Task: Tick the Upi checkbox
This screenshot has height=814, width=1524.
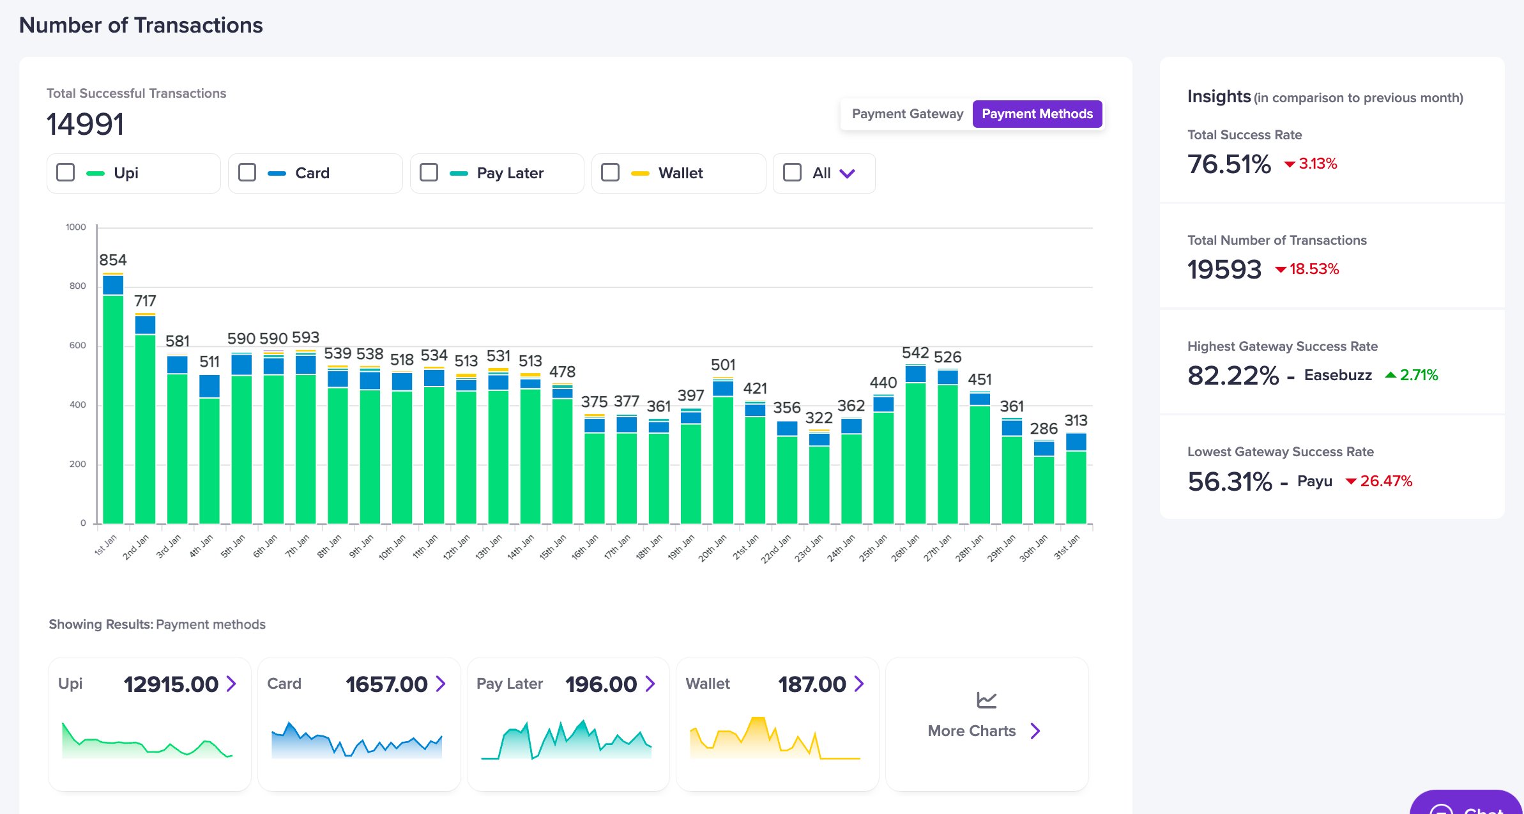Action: [x=66, y=173]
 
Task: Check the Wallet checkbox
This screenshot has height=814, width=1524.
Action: [x=611, y=173]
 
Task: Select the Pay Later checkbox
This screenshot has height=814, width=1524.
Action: [x=429, y=173]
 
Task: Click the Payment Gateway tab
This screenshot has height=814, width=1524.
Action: [x=907, y=114]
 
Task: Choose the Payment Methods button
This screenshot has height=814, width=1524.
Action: [x=1037, y=114]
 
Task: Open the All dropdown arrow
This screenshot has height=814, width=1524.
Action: [x=847, y=173]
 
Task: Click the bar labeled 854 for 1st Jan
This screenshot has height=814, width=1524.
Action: [x=113, y=399]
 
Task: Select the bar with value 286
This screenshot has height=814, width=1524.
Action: [x=1044, y=482]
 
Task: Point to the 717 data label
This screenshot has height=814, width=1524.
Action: [x=145, y=300]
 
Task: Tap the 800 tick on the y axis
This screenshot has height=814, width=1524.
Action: [x=77, y=286]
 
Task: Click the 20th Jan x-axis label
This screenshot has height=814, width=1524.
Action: [x=712, y=548]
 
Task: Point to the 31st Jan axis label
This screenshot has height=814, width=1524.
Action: [x=1067, y=548]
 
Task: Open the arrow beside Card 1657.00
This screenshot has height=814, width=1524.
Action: [x=441, y=684]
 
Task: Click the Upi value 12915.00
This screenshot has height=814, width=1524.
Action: [x=171, y=684]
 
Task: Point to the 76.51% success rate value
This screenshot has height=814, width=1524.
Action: [x=1229, y=164]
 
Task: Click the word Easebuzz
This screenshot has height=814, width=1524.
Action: [x=1338, y=375]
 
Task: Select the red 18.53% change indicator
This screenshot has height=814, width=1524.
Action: [x=1307, y=269]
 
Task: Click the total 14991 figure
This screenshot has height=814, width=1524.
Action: [x=86, y=124]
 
